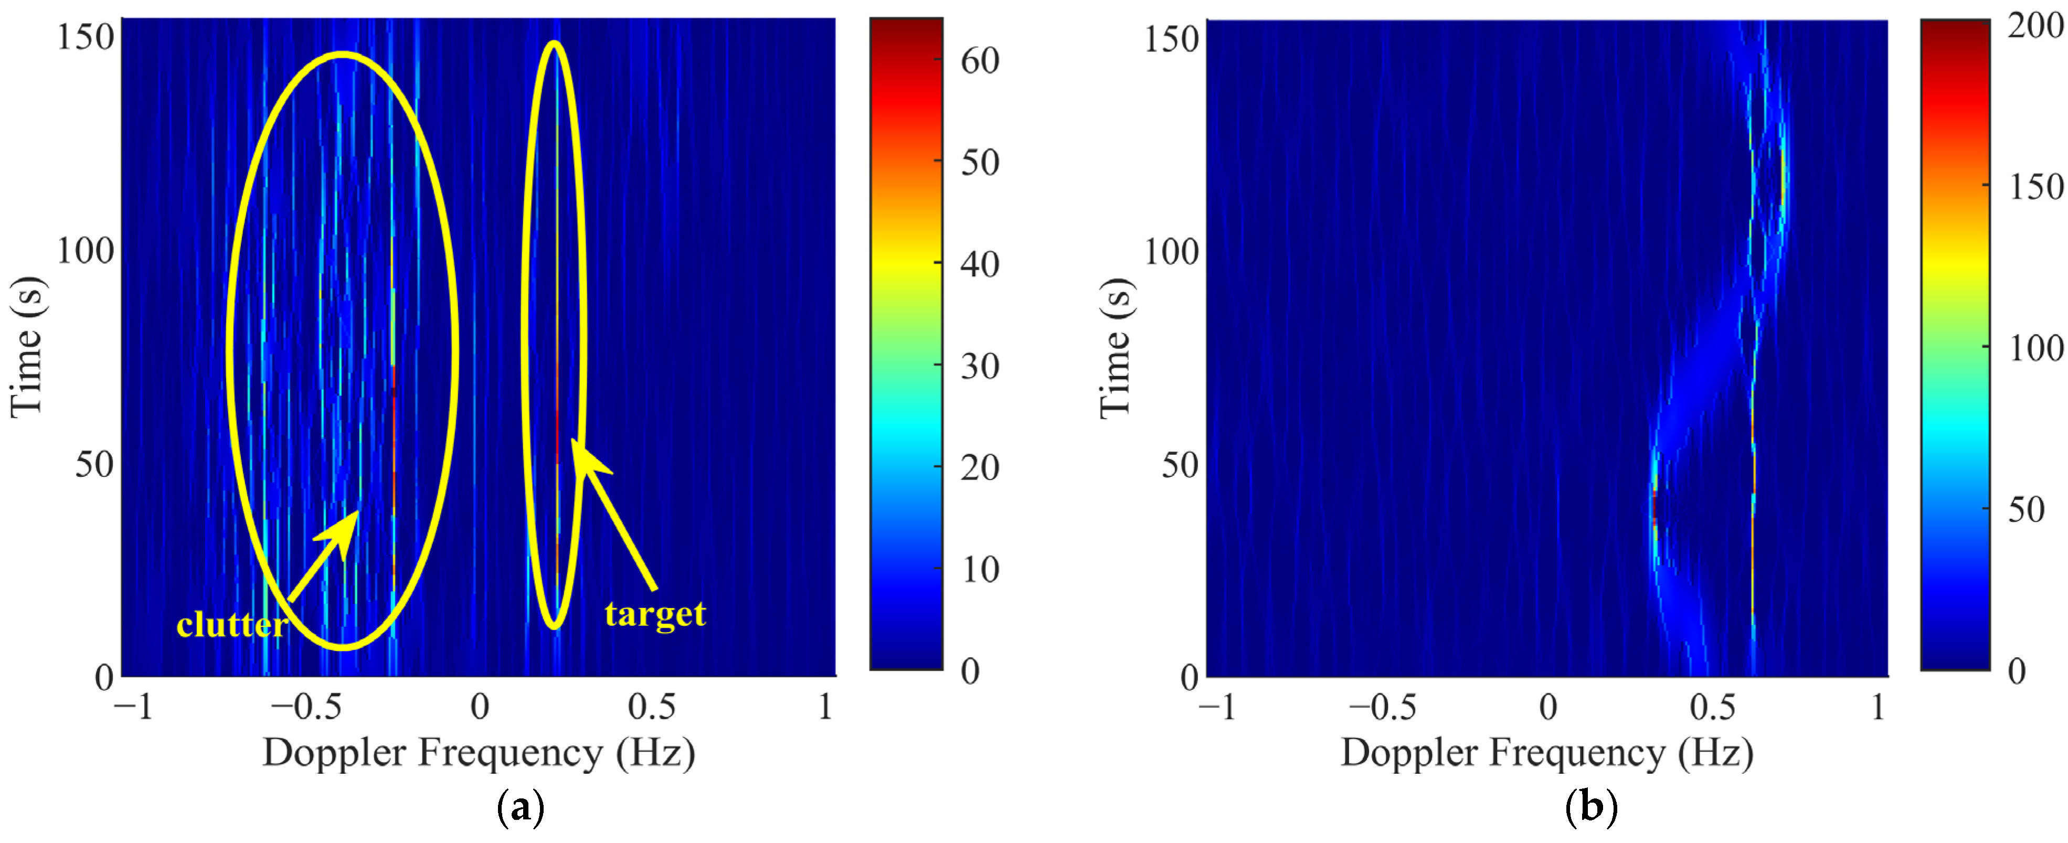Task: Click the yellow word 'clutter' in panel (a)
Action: click(x=231, y=625)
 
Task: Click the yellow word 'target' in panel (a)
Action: click(x=655, y=614)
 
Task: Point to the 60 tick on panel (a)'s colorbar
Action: click(x=979, y=60)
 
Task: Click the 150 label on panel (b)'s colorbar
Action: click(x=2035, y=187)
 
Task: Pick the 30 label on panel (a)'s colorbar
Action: click(x=979, y=366)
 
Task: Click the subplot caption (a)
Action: click(x=520, y=807)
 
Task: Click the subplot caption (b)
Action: click(x=1591, y=807)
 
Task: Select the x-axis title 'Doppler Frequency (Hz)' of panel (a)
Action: click(x=479, y=753)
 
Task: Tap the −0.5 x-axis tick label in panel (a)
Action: click(x=306, y=707)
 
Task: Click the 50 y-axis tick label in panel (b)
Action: click(x=1179, y=465)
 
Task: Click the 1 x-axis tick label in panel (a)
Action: click(x=825, y=707)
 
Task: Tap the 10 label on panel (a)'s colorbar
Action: click(x=979, y=570)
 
